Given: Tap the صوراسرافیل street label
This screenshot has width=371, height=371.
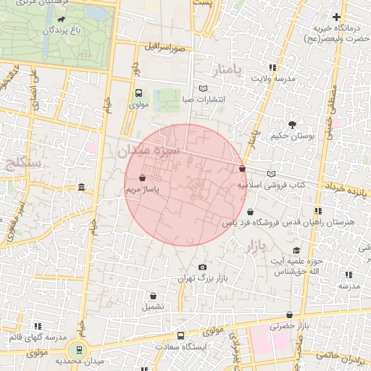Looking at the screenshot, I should click(x=164, y=46).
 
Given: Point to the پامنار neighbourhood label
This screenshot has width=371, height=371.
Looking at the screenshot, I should click(x=233, y=70).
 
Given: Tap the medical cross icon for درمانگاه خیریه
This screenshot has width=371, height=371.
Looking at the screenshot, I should click(x=336, y=17).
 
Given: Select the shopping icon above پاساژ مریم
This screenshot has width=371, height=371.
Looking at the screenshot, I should click(x=141, y=178).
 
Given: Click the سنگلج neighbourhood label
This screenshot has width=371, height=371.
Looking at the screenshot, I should click(x=23, y=164).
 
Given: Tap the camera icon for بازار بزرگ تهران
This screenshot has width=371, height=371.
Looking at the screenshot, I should click(x=201, y=267).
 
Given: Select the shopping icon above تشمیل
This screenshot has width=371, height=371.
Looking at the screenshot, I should click(x=153, y=296).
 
